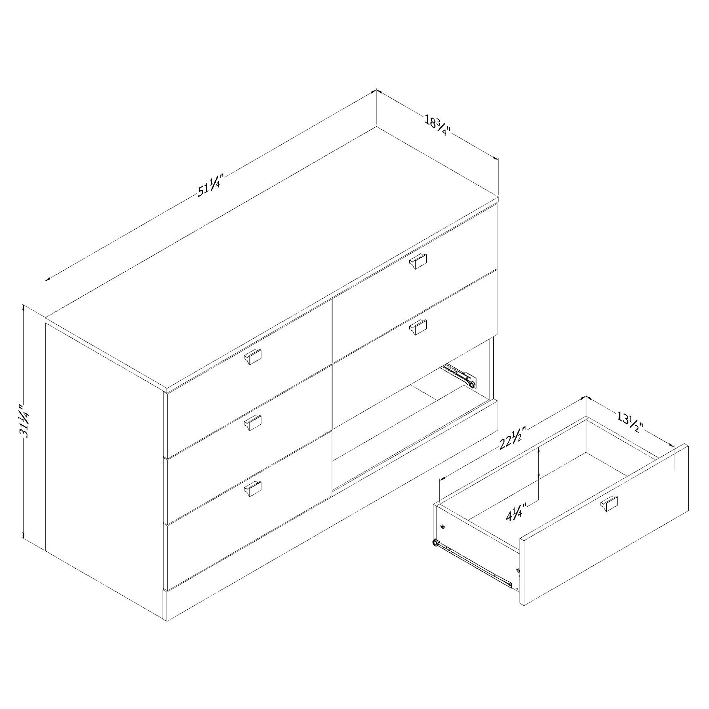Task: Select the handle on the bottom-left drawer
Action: pos(253,490)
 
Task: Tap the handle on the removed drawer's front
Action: pos(609,504)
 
